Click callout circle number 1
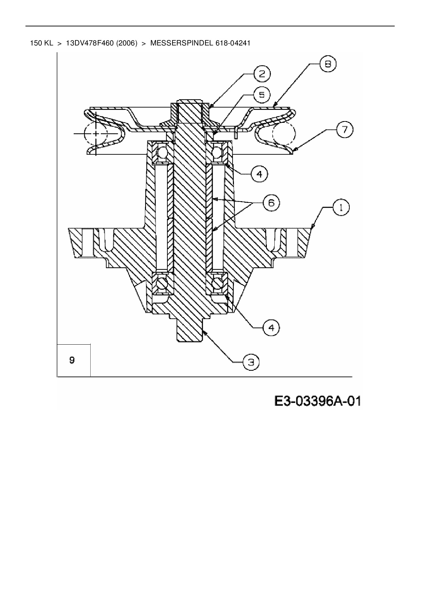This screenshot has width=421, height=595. pos(341,208)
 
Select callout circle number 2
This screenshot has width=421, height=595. pos(262,74)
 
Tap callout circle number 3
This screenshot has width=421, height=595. pos(251,363)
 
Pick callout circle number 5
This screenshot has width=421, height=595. pos(262,95)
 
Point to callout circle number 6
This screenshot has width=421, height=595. pos(271,203)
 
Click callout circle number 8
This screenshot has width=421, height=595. pos(328,64)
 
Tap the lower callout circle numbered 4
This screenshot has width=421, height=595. pos(271,328)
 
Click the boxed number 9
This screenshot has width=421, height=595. pos(72,360)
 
